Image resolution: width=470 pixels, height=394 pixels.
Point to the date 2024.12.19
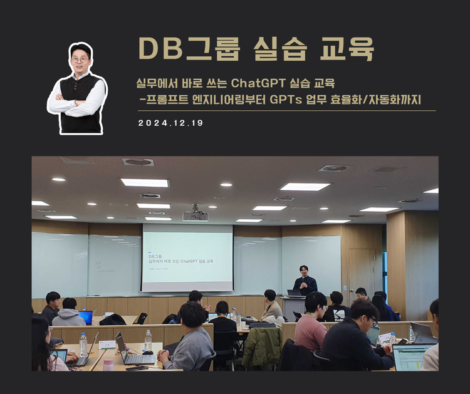click(x=170, y=123)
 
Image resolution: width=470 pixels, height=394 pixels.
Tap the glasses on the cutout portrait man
click(x=80, y=60)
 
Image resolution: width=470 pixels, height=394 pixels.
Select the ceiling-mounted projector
click(x=195, y=215)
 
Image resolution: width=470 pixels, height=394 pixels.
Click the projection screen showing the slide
click(x=187, y=257)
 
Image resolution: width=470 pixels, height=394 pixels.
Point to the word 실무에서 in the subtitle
click(x=156, y=83)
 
